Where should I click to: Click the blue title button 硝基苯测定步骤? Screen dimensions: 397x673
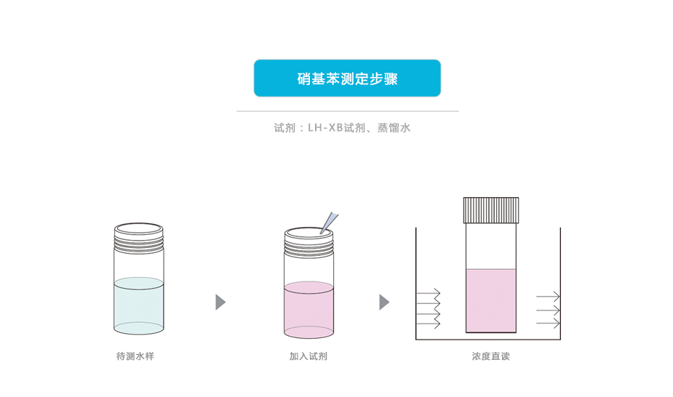[x=347, y=79]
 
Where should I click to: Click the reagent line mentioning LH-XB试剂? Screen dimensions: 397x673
[x=342, y=128]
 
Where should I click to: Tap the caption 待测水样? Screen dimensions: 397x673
[x=135, y=356]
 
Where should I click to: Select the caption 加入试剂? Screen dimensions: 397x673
[x=308, y=356]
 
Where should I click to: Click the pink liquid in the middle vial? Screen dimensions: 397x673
[x=308, y=309]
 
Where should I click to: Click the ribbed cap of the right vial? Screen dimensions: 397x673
[x=491, y=209]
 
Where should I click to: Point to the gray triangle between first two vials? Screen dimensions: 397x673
[x=220, y=302]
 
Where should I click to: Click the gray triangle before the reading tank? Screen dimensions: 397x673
[x=384, y=302]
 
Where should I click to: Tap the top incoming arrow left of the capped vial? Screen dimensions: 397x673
[x=429, y=293]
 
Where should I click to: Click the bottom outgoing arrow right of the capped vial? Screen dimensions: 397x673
[x=548, y=323]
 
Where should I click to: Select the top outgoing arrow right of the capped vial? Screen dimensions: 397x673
[x=548, y=296]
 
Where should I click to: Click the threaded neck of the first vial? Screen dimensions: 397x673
[x=139, y=238]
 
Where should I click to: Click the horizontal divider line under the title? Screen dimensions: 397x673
[x=347, y=111]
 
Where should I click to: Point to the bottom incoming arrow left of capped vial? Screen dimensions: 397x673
[x=429, y=323]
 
